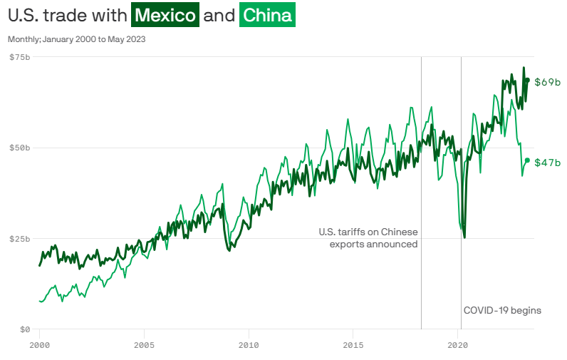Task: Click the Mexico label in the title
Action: coord(165,15)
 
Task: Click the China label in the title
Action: coord(267,15)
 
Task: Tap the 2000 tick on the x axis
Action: coord(39,345)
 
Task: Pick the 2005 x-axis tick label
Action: coord(144,345)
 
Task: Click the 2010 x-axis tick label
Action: coord(249,345)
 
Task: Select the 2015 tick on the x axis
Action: coord(353,345)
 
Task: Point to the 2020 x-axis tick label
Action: coord(458,345)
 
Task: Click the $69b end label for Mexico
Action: coord(547,82)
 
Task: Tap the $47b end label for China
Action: coord(547,163)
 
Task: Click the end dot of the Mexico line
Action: coord(527,80)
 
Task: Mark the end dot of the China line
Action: coord(527,160)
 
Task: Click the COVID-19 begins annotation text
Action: coord(502,310)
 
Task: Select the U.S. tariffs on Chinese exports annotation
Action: coord(368,238)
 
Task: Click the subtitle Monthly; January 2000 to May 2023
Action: coord(77,39)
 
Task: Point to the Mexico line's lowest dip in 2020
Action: coord(464,237)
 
